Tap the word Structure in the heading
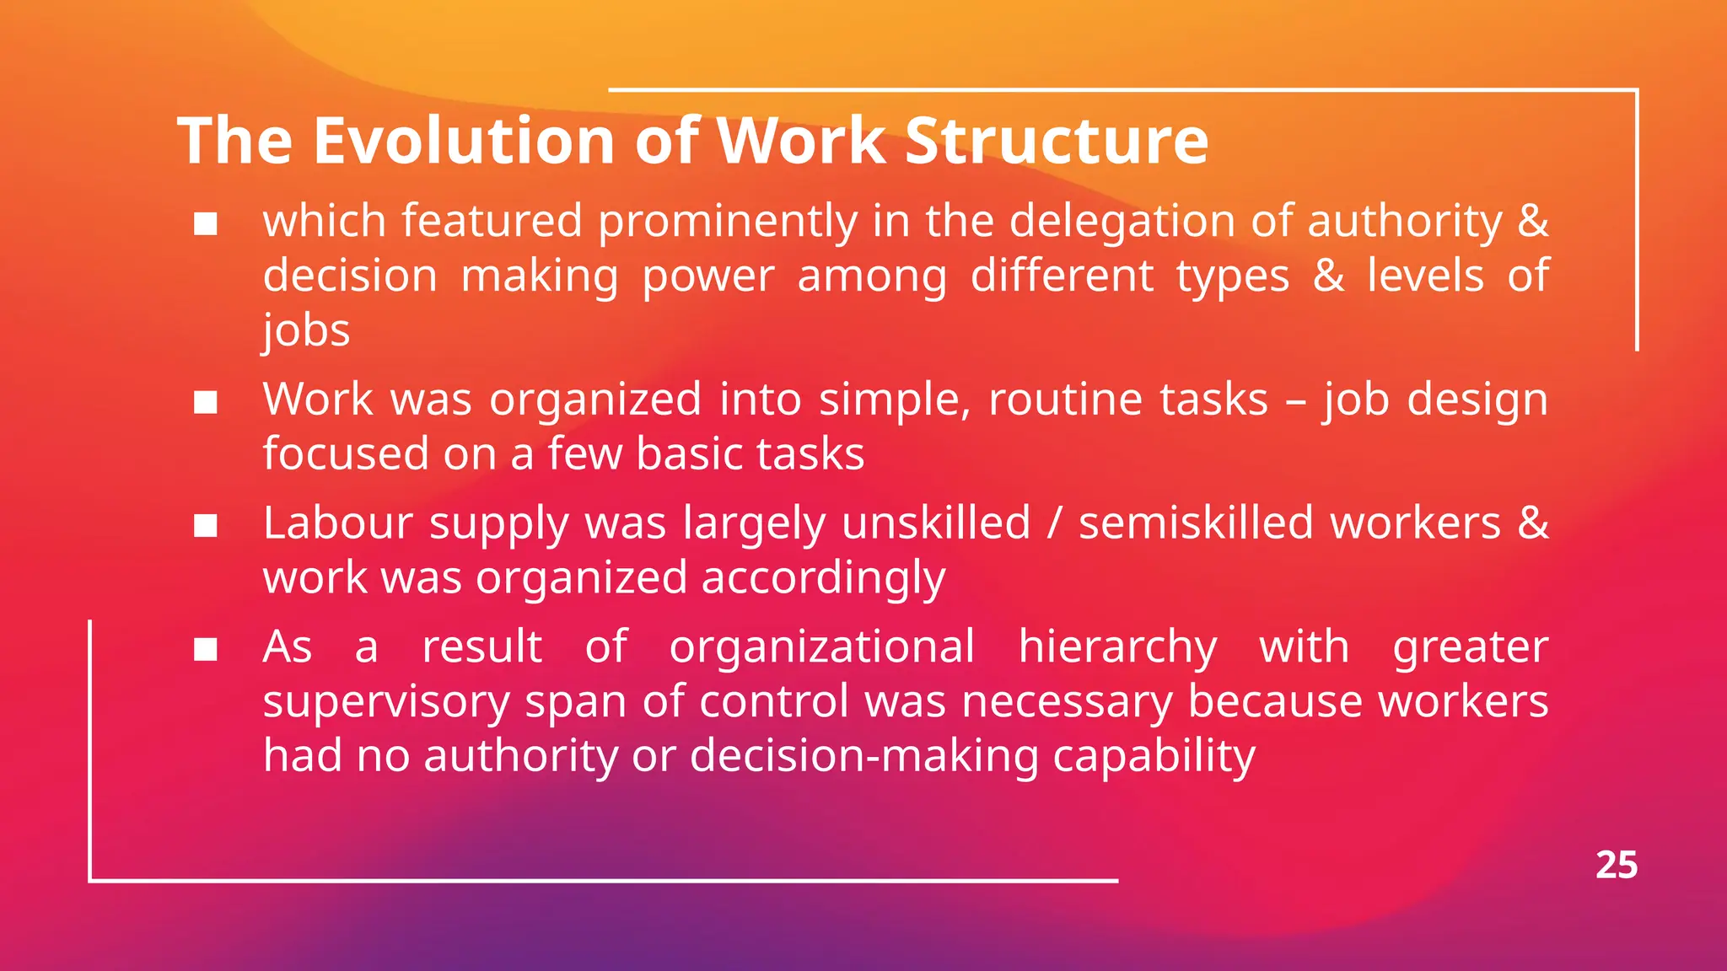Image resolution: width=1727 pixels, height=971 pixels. coord(1057,140)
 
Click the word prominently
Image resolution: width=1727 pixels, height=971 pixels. coord(728,222)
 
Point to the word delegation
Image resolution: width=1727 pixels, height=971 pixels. coord(1122,222)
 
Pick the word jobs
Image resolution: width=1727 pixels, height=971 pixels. coord(306,330)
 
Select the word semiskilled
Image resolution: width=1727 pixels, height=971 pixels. coord(1197,523)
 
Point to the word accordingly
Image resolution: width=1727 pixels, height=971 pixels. coord(823,579)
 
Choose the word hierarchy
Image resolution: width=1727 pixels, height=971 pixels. coord(1117,646)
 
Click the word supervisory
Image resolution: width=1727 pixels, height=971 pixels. coord(386,702)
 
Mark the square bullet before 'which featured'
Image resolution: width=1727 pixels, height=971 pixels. coord(206,224)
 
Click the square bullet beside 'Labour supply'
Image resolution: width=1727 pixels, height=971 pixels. coord(206,526)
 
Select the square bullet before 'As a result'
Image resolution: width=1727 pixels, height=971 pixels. coord(206,650)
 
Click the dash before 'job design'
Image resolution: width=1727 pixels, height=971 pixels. coord(1296,400)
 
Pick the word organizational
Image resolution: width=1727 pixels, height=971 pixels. coord(822,646)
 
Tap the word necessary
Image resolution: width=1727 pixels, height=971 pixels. coord(1067,702)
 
